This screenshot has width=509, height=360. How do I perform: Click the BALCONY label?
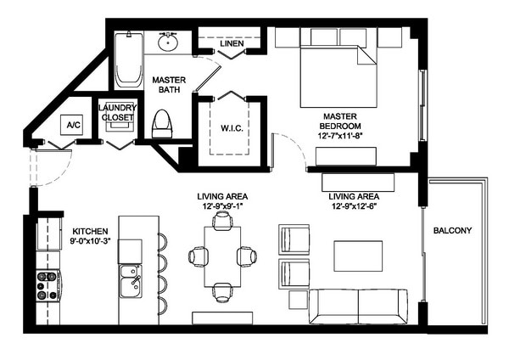tap(452, 230)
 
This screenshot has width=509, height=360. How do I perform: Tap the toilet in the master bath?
tap(161, 125)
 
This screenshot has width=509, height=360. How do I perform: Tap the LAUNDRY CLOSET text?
tap(117, 112)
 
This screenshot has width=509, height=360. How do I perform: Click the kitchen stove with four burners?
tap(47, 285)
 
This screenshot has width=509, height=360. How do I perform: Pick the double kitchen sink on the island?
tap(130, 281)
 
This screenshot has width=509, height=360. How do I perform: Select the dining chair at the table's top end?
tap(222, 222)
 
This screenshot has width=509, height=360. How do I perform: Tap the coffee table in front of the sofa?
tap(352, 255)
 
